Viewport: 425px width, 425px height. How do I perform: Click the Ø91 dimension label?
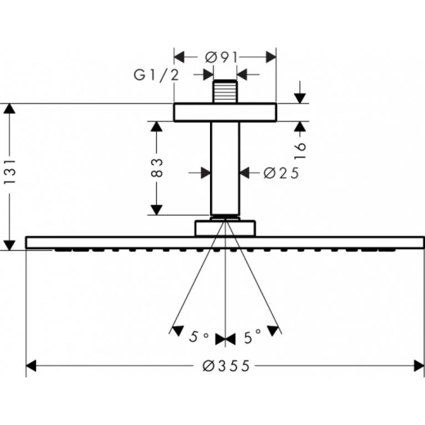pyautogui.click(x=221, y=57)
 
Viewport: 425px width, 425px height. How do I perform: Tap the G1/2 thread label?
pyautogui.click(x=156, y=74)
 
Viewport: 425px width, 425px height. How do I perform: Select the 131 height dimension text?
pyautogui.click(x=10, y=172)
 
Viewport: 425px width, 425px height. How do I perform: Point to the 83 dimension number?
pyautogui.click(x=157, y=168)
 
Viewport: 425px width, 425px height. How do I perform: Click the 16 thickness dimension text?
pyautogui.click(x=300, y=150)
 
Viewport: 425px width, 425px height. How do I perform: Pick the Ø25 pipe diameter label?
pyautogui.click(x=281, y=173)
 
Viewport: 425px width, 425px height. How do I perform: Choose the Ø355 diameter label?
pyautogui.click(x=226, y=366)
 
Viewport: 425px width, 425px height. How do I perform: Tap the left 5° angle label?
pyautogui.click(x=199, y=337)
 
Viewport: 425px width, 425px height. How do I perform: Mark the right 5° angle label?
pyautogui.click(x=253, y=337)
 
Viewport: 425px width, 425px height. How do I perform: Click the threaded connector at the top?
pyautogui.click(x=225, y=92)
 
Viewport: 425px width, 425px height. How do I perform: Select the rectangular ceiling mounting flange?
pyautogui.click(x=225, y=112)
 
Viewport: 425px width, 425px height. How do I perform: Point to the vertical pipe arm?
pyautogui.click(x=225, y=168)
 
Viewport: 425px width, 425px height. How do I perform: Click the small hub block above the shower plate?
pyautogui.click(x=225, y=228)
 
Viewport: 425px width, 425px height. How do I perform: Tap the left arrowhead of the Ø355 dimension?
pyautogui.click(x=31, y=365)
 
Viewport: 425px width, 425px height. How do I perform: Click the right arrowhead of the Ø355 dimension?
pyautogui.click(x=419, y=365)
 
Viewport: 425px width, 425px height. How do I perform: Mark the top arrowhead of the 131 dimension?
pyautogui.click(x=10, y=109)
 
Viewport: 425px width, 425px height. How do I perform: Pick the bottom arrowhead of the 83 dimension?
pyautogui.click(x=157, y=210)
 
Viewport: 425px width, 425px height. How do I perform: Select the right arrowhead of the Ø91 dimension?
pyautogui.click(x=271, y=57)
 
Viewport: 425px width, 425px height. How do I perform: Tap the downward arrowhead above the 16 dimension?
pyautogui.click(x=300, y=98)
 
